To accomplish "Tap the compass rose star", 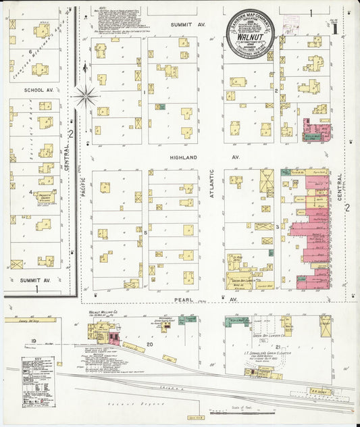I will coord(85,96).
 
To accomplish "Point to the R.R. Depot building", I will coord(318,391).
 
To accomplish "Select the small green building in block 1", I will coord(161,107).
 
